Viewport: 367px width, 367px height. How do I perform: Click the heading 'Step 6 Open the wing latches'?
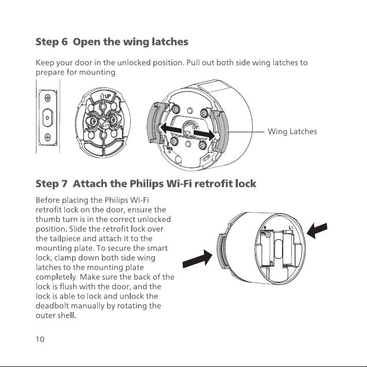point(112,42)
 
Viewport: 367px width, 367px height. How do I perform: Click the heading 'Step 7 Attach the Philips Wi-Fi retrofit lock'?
point(146,184)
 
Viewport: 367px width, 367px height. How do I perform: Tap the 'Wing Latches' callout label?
point(292,132)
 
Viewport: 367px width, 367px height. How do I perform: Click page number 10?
point(40,339)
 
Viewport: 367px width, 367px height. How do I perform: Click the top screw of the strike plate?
point(48,98)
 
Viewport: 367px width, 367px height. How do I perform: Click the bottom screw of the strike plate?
point(48,137)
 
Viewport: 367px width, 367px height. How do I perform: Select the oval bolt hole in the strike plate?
point(48,117)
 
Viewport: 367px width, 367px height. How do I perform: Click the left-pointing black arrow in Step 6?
point(171,129)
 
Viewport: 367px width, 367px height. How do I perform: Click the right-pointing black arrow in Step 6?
point(204,134)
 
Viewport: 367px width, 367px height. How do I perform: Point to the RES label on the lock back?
point(169,148)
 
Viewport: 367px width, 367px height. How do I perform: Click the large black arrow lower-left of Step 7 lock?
point(197,259)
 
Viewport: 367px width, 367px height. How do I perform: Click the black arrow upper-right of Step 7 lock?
point(317,231)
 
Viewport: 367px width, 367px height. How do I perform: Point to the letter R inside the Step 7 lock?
point(265,228)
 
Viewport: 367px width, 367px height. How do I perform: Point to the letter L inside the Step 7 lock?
point(290,228)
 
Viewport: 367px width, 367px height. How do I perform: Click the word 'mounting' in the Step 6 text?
point(98,73)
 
